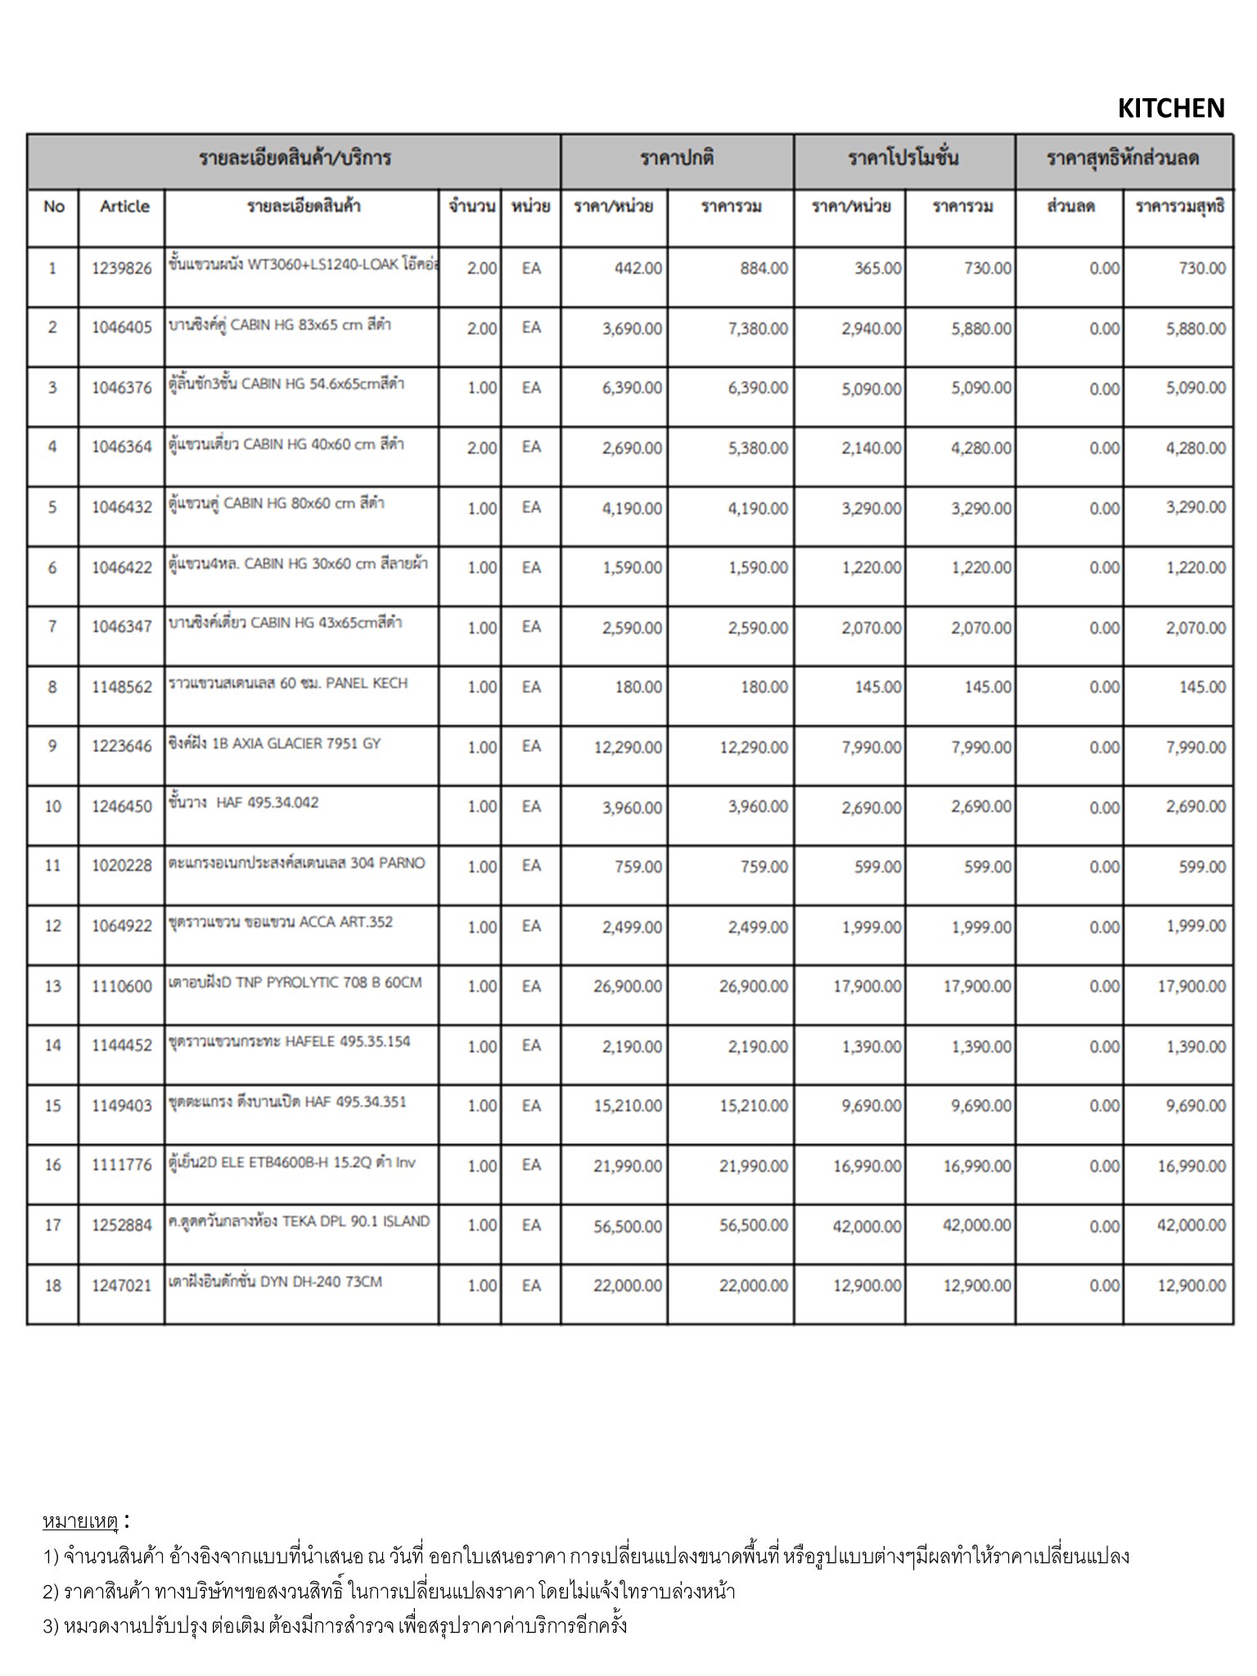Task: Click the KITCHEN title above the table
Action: click(x=1170, y=108)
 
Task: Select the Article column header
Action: click(x=124, y=206)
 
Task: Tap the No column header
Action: click(x=53, y=206)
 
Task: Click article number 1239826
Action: click(x=121, y=268)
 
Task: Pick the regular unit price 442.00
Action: click(x=638, y=268)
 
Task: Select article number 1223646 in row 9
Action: click(x=121, y=746)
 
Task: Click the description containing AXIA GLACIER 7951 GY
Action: click(x=275, y=744)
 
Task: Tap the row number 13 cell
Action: click(x=52, y=986)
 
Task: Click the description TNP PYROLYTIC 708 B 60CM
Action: click(x=295, y=983)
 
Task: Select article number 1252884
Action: click(x=121, y=1225)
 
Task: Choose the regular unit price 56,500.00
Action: click(x=628, y=1226)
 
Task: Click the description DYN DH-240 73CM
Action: click(x=275, y=1282)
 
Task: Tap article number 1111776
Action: click(x=121, y=1165)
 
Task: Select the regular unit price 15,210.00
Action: click(x=628, y=1106)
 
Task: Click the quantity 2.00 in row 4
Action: click(x=481, y=448)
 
